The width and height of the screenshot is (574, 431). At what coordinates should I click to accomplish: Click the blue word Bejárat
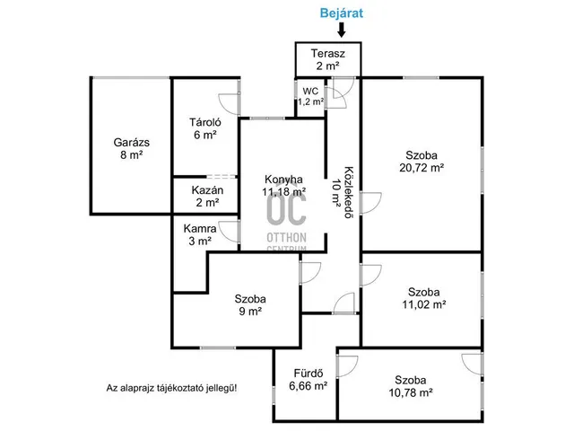[x=341, y=13]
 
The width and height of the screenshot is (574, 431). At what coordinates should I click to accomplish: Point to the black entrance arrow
[x=342, y=30]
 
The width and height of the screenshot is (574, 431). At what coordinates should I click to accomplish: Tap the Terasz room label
[x=328, y=54]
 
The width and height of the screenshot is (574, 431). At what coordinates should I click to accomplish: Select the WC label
[x=310, y=91]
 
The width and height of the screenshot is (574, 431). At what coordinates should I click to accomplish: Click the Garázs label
[x=132, y=142]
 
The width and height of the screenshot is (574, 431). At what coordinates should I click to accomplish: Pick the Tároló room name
[x=205, y=122]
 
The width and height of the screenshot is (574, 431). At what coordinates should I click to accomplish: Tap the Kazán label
[x=207, y=190]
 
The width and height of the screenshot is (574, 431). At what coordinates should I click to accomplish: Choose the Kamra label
[x=200, y=229]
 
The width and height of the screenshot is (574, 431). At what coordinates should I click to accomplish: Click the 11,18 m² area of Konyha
[x=283, y=191]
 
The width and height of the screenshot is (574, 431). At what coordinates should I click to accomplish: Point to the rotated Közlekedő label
[x=349, y=192]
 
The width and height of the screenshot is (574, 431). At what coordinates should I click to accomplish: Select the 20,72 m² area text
[x=422, y=168]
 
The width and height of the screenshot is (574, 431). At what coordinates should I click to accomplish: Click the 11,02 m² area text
[x=424, y=304]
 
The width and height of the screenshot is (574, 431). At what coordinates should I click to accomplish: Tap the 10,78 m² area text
[x=411, y=393]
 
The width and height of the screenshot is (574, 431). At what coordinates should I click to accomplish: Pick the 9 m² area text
[x=250, y=312]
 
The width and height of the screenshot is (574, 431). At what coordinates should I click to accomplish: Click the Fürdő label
[x=309, y=374]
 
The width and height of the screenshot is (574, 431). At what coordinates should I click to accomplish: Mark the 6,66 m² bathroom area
[x=309, y=386]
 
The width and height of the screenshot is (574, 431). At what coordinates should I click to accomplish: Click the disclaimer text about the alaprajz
[x=171, y=388]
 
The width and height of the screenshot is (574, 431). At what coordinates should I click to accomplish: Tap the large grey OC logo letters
[x=286, y=209]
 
